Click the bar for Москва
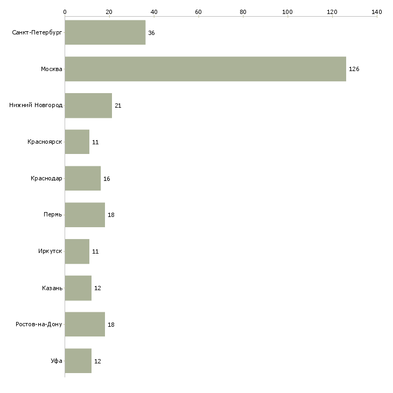[206, 69]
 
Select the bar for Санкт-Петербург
[106, 32]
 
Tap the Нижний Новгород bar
[88, 106]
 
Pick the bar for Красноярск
[77, 142]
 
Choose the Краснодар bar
[83, 178]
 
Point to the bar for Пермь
[85, 215]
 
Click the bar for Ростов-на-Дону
[85, 324]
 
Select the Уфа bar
[78, 361]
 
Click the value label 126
[354, 69]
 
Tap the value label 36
[151, 33]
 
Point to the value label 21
[118, 106]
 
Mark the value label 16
[107, 179]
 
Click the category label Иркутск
[50, 251]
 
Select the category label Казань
[52, 288]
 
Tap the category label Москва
[51, 69]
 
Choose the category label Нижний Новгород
[36, 105]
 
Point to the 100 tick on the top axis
[287, 17]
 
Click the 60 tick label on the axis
[198, 12]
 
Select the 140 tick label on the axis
[377, 12]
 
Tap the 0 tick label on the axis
[65, 12]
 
